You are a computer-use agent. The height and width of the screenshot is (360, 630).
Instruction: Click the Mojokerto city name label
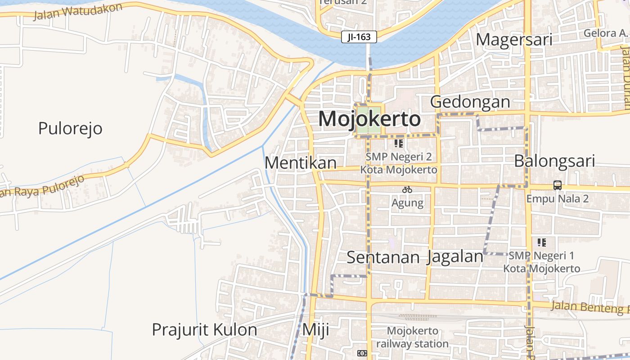[x=369, y=119]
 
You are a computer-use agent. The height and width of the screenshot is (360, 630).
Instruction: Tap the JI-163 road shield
[x=359, y=37]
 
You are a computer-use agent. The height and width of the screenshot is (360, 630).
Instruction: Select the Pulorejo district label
[x=70, y=129]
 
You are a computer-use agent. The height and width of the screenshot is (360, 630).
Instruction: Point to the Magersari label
[x=514, y=40]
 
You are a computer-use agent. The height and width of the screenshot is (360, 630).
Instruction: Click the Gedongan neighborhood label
[x=470, y=102]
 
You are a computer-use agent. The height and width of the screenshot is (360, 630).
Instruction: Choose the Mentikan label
[x=301, y=163]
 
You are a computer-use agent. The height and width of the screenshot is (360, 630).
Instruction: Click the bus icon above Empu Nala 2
[x=558, y=185]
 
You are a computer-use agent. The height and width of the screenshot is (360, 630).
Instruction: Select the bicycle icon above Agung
[x=407, y=189]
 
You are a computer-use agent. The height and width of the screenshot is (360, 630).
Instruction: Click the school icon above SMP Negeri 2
[x=398, y=144]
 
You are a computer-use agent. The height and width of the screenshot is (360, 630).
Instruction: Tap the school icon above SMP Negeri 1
[x=542, y=243]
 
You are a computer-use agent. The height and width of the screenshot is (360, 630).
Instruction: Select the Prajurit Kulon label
[x=204, y=330]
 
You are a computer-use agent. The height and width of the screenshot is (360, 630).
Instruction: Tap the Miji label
[x=315, y=330]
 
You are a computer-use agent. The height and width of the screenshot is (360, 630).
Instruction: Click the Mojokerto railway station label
[x=412, y=337]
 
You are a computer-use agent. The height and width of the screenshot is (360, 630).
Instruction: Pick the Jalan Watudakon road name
[x=78, y=11]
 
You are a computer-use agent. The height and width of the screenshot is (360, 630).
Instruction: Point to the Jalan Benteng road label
[x=589, y=307]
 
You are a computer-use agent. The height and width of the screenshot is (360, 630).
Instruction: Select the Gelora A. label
[x=605, y=33]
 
